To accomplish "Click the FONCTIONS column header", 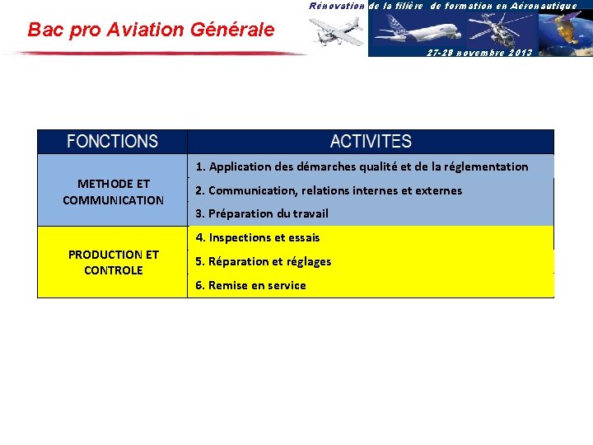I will coord(113,142).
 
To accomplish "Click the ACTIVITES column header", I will coord(371,142).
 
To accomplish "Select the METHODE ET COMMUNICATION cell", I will coord(113,192).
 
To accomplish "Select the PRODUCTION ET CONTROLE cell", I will coord(113,262).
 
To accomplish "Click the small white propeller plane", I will coord(337,31).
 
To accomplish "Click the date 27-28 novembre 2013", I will coord(479,52).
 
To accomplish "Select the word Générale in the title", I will coord(233,30).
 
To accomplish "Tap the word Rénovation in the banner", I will coord(337,6).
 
